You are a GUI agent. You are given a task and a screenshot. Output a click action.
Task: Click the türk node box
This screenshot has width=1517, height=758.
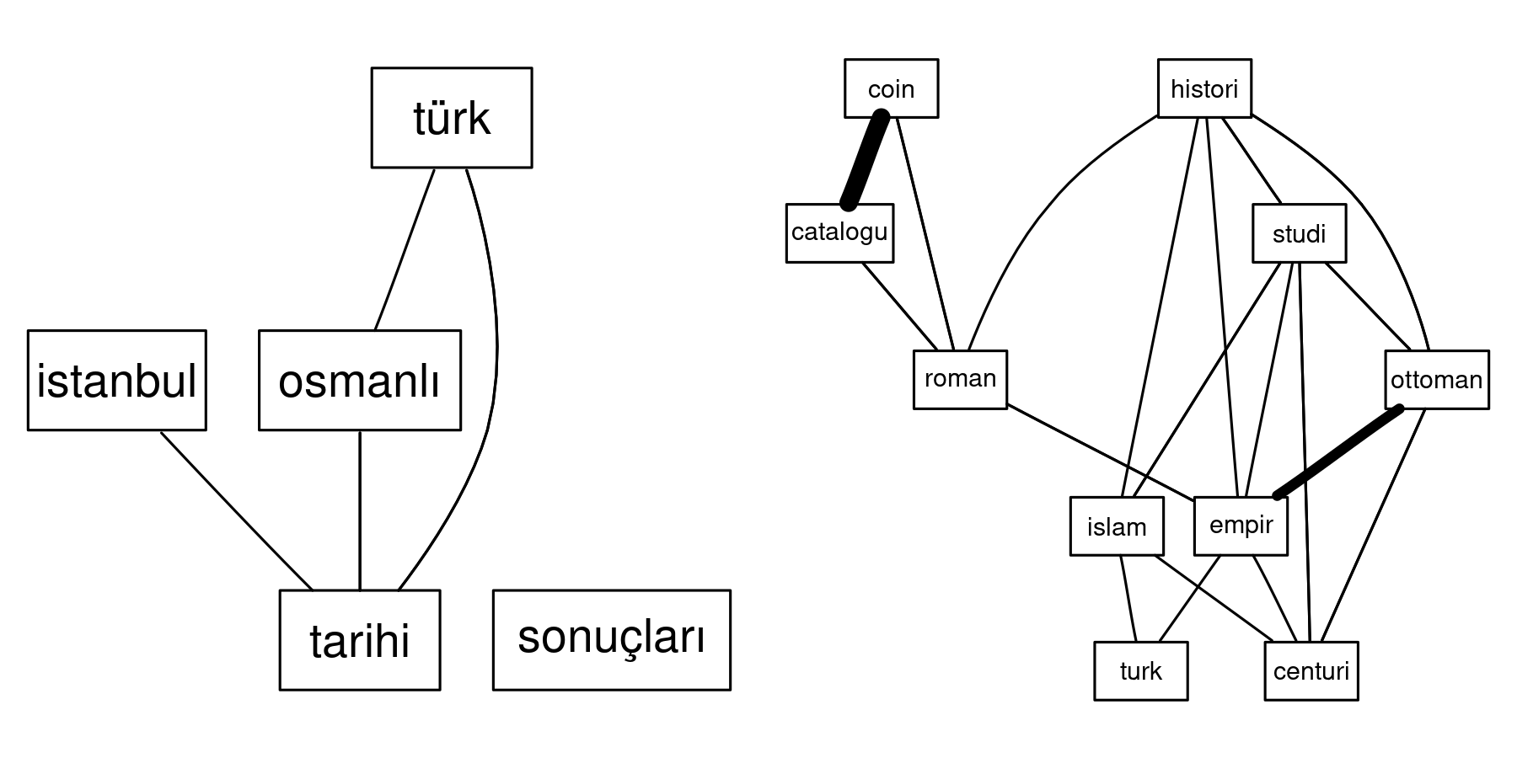[451, 118]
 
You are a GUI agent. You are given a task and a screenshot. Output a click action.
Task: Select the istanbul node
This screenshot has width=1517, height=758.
[116, 381]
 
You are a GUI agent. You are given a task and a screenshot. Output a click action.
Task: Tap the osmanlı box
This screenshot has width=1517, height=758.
[359, 381]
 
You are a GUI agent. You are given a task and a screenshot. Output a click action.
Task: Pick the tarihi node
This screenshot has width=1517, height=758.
[359, 640]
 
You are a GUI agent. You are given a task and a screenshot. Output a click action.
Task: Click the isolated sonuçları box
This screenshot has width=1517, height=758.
[611, 640]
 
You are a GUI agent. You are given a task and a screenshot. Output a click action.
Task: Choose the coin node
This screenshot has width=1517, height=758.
[891, 88]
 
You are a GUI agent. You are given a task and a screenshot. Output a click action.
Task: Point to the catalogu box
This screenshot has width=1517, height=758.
[839, 232]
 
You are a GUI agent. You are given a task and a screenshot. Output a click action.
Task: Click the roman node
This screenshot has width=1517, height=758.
[960, 380]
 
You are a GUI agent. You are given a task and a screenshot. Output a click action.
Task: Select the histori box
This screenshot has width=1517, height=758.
[1204, 88]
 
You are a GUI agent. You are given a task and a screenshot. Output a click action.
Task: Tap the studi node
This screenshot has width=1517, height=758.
[1299, 233]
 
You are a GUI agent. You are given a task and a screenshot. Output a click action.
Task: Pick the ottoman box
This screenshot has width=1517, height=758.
[1436, 380]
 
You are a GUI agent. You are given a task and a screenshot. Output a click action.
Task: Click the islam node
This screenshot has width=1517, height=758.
[1117, 526]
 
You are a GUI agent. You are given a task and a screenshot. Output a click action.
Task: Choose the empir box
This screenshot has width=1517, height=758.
[1241, 526]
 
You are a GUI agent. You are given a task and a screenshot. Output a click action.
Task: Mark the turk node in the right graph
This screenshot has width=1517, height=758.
[1140, 671]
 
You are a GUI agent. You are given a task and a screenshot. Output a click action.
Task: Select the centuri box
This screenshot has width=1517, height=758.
[1311, 671]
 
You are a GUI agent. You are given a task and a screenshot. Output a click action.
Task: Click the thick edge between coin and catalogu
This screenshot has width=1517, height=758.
[865, 160]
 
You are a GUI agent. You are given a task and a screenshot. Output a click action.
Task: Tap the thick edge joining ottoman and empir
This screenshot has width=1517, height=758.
[1338, 452]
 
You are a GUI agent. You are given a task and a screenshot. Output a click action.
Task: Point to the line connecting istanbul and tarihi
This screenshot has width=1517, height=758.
[236, 510]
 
